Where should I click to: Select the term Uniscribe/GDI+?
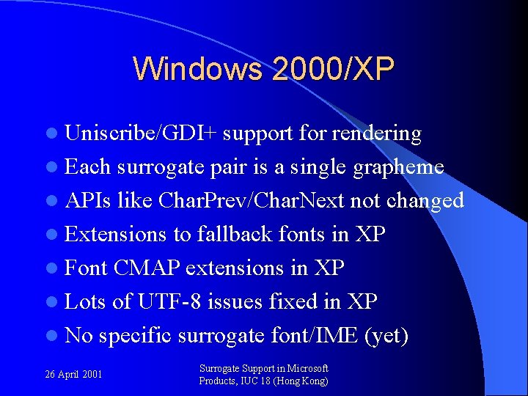pyautogui.click(x=141, y=133)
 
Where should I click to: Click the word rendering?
pyautogui.click(x=376, y=134)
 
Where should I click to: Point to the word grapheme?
pyautogui.click(x=398, y=168)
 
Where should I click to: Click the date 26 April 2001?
pyautogui.click(x=73, y=375)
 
